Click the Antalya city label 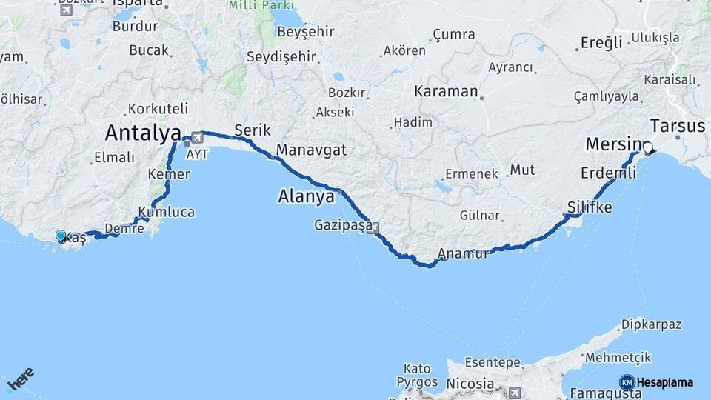point(143,133)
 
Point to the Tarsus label point(677,125)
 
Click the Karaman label point(446,92)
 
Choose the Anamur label point(463,254)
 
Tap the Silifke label point(590,207)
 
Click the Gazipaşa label point(342,224)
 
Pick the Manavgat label point(311,150)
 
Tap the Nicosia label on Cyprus point(470,384)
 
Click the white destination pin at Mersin point(648,148)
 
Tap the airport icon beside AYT point(197,138)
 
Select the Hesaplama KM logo point(657,382)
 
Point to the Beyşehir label point(305,32)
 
